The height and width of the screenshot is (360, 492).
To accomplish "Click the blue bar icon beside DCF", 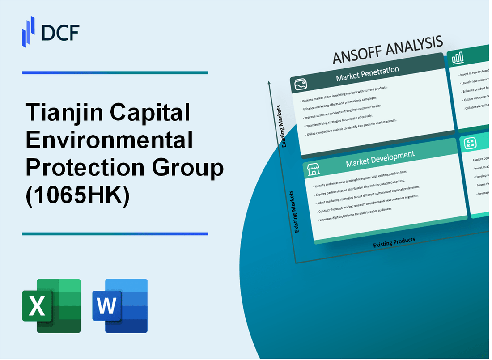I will click(29, 31).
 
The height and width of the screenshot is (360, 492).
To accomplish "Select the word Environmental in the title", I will click(110, 140).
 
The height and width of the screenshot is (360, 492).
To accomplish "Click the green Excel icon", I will click(51, 306).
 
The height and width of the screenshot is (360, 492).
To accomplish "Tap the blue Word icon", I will click(120, 306).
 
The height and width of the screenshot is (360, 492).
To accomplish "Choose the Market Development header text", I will click(380, 159).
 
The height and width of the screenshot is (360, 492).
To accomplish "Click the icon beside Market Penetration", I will click(300, 84).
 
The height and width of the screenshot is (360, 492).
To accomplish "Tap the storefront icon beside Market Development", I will click(312, 169).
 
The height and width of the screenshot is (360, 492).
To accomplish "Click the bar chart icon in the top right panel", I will click(458, 58).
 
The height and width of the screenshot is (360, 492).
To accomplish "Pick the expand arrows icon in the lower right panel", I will click(470, 143).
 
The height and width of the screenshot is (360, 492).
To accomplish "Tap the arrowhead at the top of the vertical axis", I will click(269, 83).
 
